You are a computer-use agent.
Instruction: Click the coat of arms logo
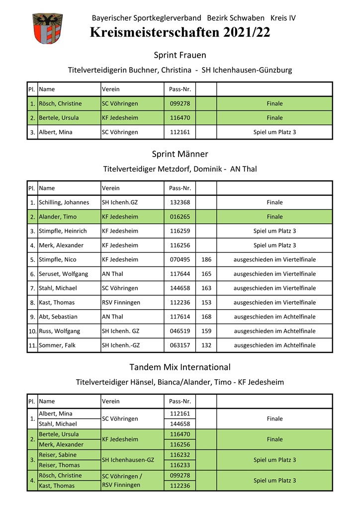tap(47, 29)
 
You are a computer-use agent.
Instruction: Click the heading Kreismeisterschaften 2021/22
tap(180, 33)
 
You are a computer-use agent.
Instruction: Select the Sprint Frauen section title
tap(180, 55)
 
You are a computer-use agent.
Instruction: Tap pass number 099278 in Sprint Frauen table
tap(180, 103)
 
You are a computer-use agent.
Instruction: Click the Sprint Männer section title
tap(180, 154)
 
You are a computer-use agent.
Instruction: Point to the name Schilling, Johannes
tap(64, 202)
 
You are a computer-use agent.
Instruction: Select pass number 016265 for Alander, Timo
tap(180, 217)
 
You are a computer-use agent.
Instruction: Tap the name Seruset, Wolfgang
tap(64, 274)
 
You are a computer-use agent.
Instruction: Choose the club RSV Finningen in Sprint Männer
tap(121, 302)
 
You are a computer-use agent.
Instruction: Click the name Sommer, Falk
tap(57, 345)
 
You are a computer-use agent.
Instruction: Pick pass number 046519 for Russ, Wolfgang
tap(180, 331)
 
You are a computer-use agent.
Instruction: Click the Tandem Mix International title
tap(180, 367)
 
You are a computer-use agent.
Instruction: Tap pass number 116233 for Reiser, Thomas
tap(180, 465)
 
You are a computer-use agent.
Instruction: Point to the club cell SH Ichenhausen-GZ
tap(128, 460)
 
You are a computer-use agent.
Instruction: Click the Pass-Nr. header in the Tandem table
tap(180, 401)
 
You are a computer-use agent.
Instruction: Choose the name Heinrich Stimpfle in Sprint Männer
tap(63, 231)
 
